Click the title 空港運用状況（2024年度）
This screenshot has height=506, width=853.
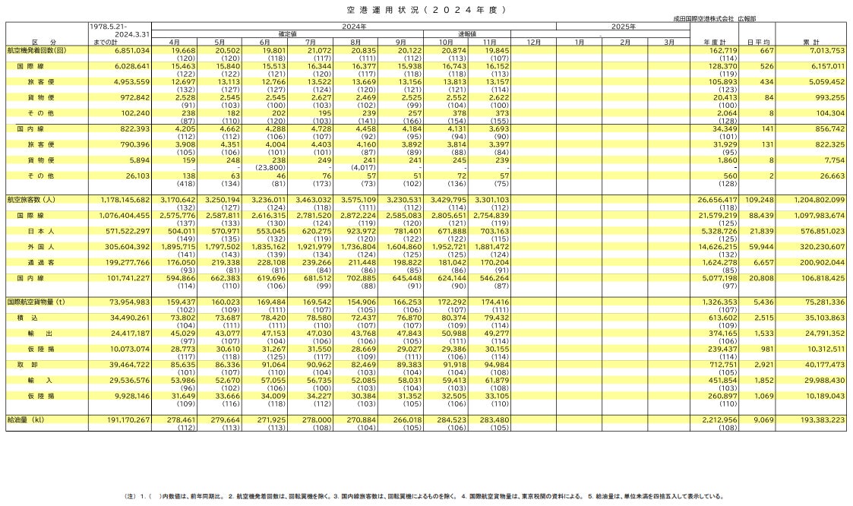tap(425, 9)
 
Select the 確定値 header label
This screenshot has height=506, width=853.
tap(286, 33)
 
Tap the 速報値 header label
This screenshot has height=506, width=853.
tap(467, 33)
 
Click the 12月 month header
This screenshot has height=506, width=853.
tap(533, 41)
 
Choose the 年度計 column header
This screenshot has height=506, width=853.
tap(716, 41)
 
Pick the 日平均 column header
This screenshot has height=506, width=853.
tap(759, 41)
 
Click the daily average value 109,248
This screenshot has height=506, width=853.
tap(760, 200)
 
